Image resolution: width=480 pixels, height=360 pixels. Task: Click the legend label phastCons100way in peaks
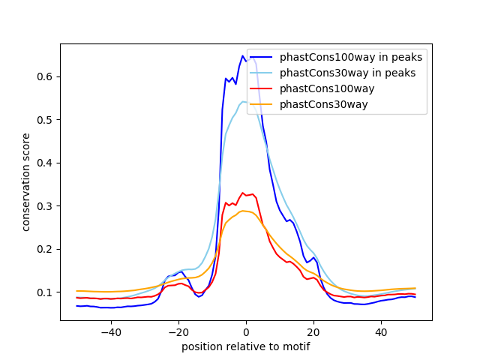350,57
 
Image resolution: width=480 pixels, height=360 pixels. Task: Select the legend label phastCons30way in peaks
347,73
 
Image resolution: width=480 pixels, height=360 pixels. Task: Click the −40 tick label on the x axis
110,332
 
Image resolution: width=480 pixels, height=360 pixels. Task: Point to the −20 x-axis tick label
178,332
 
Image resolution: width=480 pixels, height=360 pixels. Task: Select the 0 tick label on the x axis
246,332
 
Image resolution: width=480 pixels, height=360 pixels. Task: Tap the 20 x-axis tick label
313,332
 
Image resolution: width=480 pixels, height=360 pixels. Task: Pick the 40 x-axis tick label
381,332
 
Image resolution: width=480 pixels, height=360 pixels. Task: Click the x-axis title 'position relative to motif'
245,346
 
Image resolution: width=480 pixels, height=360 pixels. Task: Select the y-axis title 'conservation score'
26,181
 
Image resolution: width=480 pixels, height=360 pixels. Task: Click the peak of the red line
242,193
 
